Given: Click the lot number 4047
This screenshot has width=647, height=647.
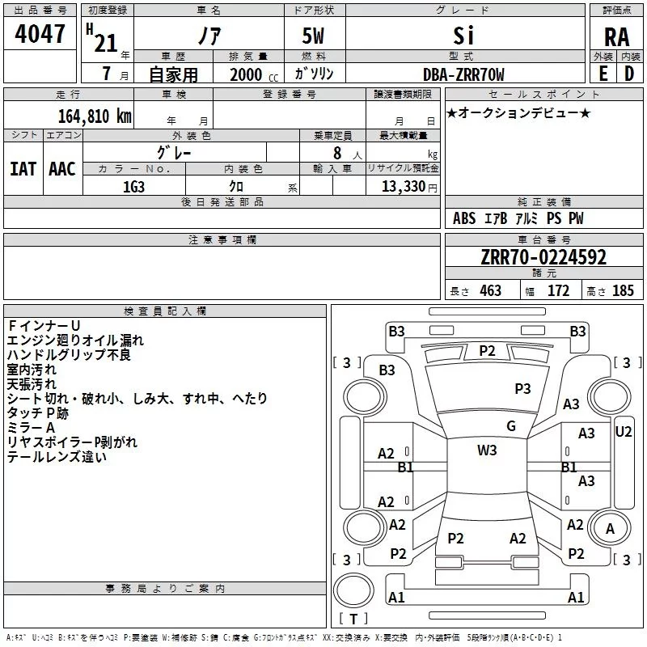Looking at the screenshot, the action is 40,35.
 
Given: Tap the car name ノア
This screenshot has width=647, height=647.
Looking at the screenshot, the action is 208,37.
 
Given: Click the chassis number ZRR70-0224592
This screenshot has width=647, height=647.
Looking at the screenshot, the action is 543,257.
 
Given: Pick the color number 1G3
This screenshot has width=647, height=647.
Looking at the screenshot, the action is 133,186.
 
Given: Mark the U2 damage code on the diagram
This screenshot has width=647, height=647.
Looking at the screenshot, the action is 624,431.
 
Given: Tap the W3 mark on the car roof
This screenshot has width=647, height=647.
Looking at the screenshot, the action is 487,450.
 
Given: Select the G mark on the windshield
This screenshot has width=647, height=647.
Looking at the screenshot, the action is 511,426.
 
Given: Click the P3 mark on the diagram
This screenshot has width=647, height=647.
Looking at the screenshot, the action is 522,388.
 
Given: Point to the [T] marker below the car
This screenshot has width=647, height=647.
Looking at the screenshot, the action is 353,620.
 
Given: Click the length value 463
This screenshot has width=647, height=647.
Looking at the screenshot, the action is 490,291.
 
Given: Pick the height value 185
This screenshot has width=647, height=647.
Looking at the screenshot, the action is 624,291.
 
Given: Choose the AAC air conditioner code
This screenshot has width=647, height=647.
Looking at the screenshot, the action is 61,169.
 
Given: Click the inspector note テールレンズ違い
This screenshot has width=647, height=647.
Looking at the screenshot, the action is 57,457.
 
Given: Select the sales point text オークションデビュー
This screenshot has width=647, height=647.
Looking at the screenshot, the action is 518,112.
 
